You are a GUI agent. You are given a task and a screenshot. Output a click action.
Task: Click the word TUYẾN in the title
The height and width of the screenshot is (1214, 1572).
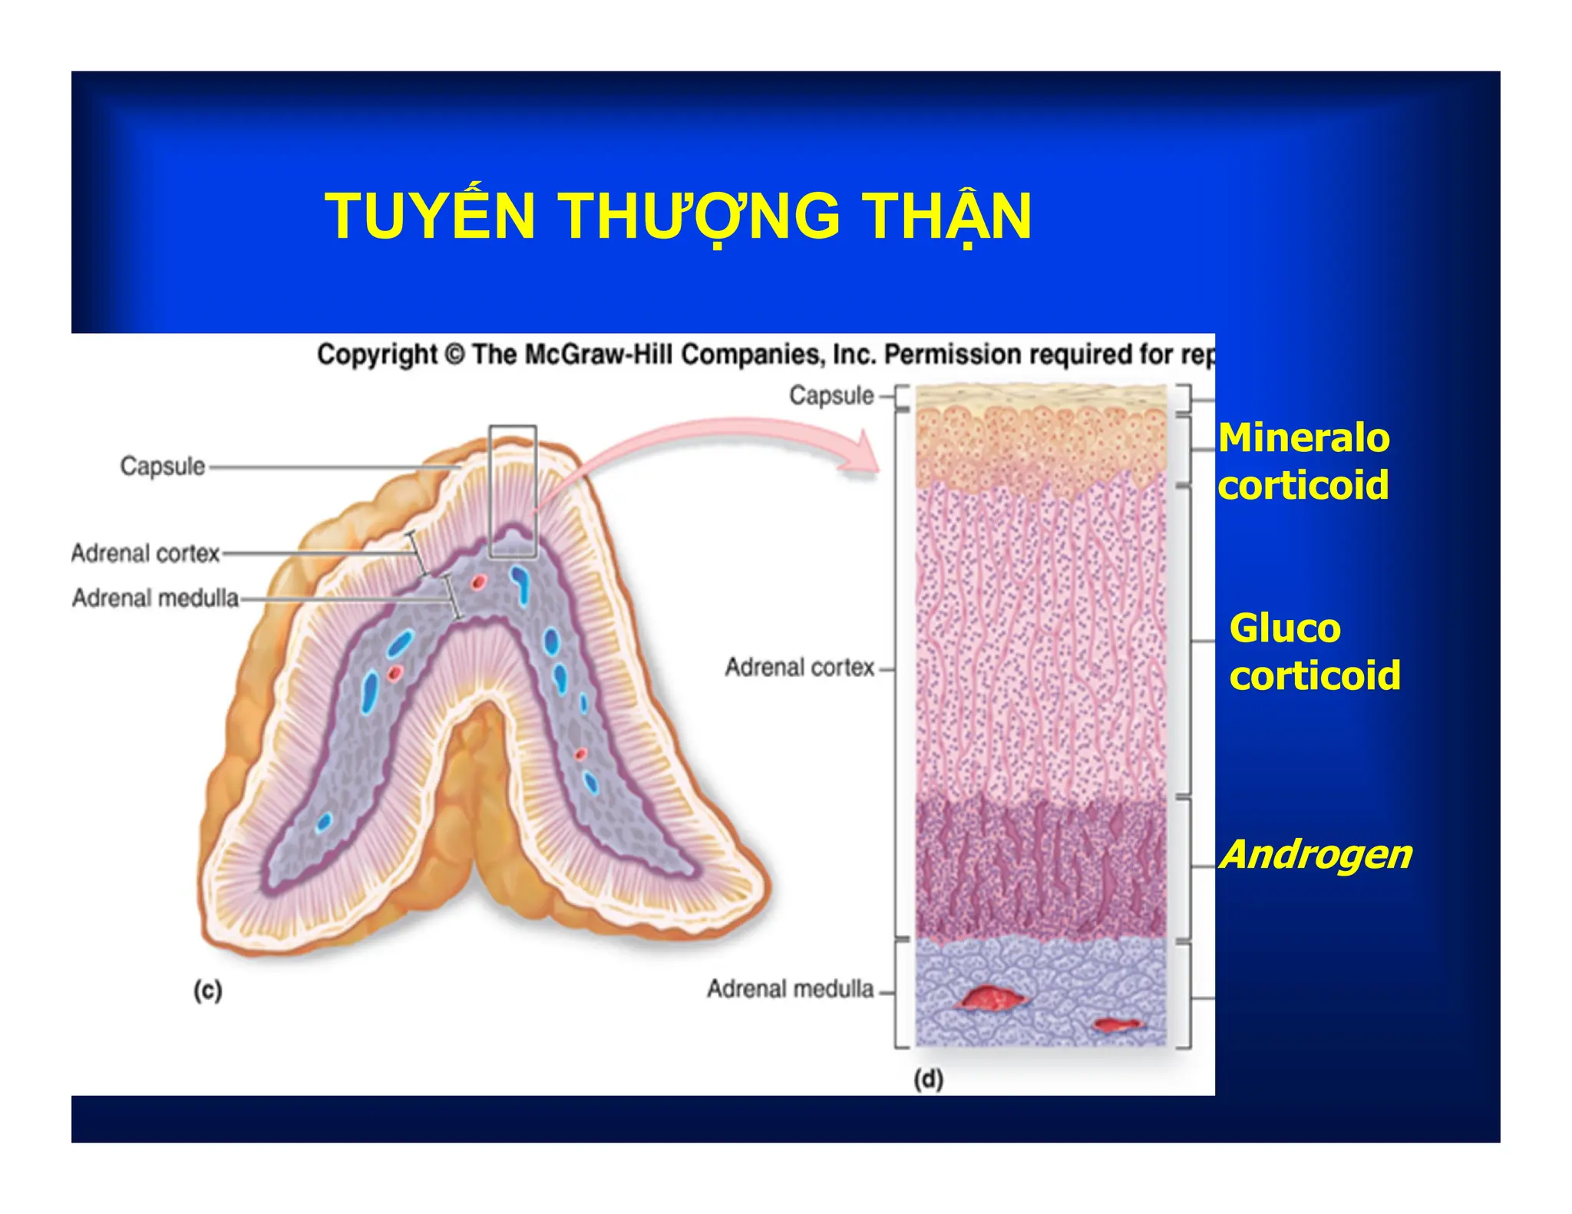[430, 217]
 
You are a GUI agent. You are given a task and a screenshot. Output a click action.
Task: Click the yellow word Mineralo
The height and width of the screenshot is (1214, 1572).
[1303, 437]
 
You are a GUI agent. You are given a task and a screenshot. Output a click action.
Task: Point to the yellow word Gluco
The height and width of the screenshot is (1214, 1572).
[1285, 628]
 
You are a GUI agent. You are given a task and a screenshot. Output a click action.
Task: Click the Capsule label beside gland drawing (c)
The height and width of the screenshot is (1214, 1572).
[162, 466]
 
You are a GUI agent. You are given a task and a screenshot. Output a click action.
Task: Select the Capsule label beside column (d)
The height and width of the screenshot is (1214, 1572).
[831, 395]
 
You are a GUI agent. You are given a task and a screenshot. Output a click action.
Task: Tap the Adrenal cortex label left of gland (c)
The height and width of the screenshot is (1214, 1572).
[145, 553]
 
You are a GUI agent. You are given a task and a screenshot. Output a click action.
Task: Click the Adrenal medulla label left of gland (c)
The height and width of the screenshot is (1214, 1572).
[155, 597]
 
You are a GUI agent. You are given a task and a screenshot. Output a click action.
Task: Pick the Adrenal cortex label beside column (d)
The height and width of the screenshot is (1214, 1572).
[799, 667]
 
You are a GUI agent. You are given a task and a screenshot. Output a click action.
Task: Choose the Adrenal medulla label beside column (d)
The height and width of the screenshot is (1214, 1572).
[790, 988]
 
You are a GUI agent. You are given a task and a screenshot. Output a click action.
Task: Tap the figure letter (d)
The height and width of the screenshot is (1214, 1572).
[928, 1079]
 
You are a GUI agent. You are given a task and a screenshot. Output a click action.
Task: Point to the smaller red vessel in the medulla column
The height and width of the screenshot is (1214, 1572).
[1118, 1024]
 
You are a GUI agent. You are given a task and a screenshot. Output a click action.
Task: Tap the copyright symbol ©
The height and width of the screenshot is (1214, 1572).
[454, 355]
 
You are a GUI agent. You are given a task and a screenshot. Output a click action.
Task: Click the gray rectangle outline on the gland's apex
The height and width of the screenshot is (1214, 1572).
[513, 427]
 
